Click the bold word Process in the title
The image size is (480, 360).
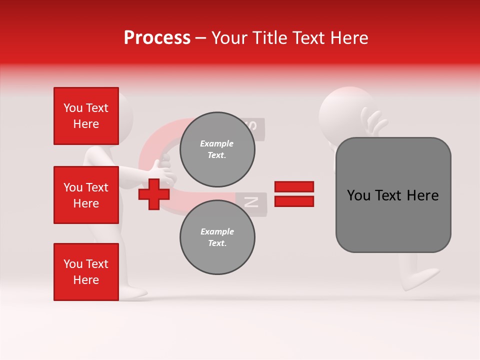point(157,38)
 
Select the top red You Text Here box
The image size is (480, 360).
point(86,116)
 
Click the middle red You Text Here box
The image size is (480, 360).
point(86,195)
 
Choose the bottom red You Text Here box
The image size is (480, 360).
point(86,272)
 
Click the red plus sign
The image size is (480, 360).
point(153,194)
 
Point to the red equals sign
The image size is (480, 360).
point(294,194)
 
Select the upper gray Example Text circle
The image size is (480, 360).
point(217,149)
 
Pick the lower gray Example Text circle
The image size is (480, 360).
point(217,237)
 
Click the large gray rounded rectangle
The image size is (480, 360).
point(393,195)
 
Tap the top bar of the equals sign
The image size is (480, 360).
point(294,186)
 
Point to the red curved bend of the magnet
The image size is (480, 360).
point(150,150)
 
